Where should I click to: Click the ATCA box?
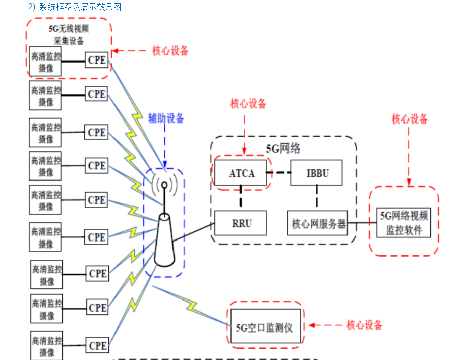coord(242,174)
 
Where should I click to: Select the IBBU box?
coord(317,174)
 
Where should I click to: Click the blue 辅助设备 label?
coord(166,118)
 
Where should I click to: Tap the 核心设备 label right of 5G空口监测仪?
coord(364,325)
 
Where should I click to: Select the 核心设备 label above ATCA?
coord(248,104)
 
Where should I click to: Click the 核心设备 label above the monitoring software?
coord(410,119)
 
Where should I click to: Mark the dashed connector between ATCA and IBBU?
coord(279,174)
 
